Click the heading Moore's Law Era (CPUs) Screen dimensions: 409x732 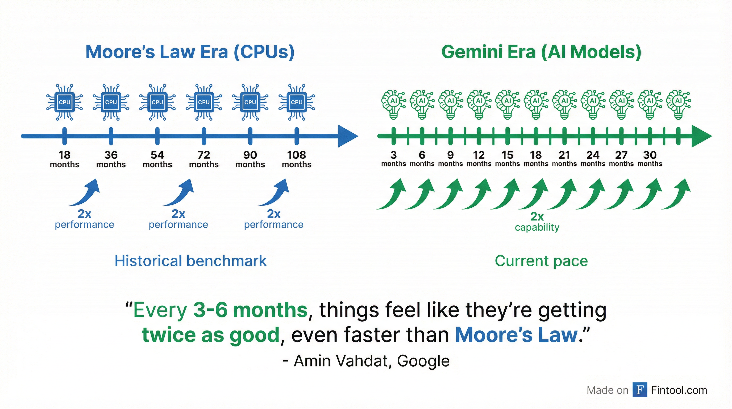(190, 52)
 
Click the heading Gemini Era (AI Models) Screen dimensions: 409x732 (541, 52)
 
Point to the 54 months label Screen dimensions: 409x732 (157, 159)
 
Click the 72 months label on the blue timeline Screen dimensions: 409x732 (204, 159)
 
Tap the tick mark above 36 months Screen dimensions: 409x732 (111, 136)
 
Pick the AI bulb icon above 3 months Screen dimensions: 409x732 (393, 104)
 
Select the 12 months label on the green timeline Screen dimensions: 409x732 (479, 159)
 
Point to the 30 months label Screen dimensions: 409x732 (650, 159)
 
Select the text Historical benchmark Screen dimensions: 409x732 (190, 261)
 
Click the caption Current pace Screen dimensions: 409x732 (541, 261)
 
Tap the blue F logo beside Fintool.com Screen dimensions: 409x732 (640, 390)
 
